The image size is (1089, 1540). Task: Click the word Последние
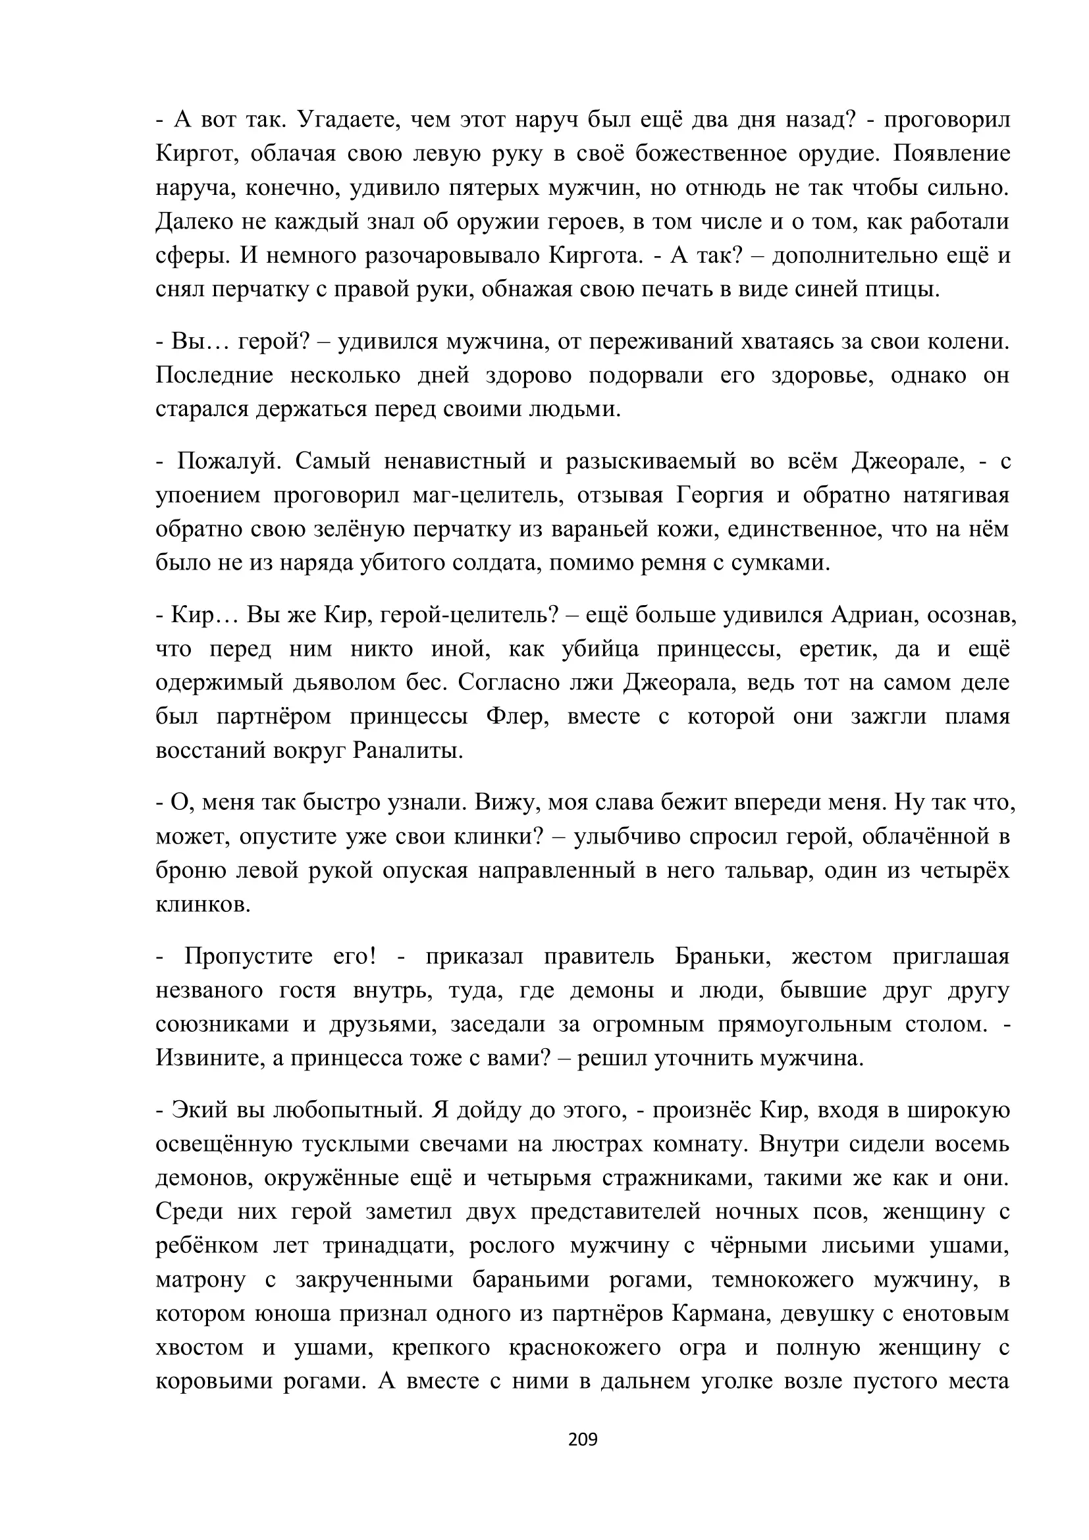215,375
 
